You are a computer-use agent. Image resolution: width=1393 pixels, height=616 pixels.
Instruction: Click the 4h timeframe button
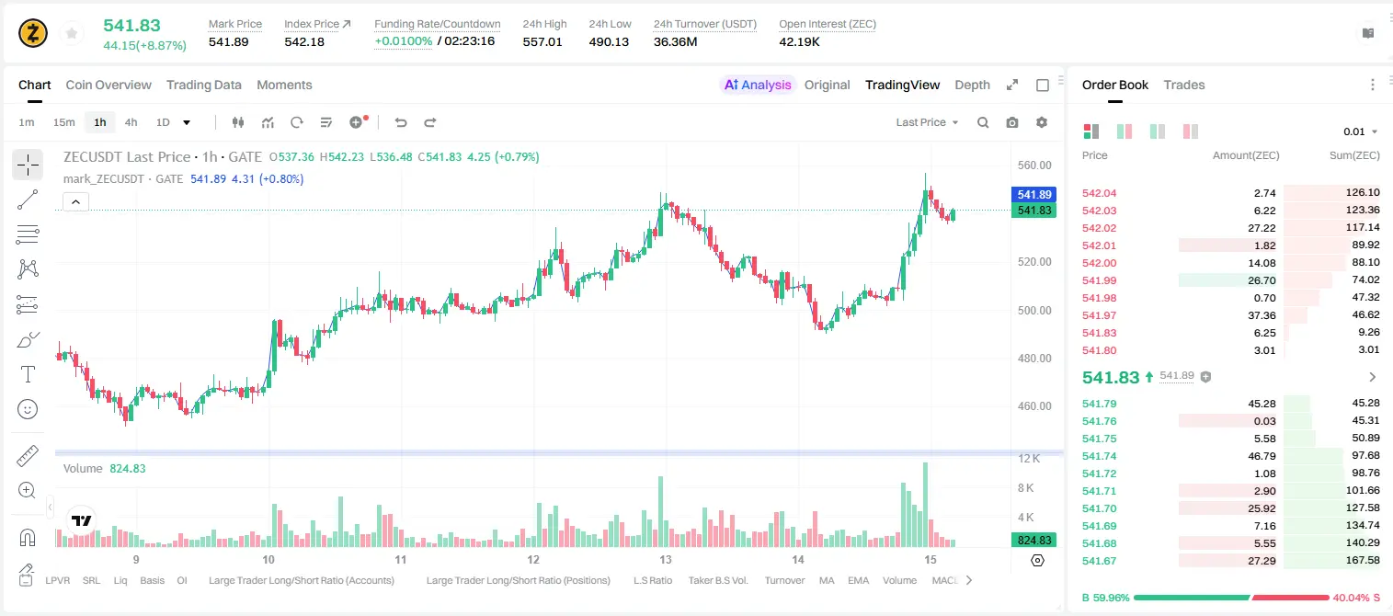point(131,122)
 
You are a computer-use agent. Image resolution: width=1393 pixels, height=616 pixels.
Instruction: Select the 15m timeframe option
point(63,122)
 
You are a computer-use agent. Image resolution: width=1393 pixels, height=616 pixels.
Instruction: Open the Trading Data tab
point(203,85)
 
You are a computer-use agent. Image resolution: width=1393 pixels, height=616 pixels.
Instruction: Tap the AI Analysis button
point(758,85)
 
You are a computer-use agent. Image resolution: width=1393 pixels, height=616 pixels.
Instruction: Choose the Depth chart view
point(972,85)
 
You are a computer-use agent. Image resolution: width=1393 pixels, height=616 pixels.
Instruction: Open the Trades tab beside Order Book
point(1183,85)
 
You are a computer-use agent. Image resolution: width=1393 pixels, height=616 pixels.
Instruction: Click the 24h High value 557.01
point(542,41)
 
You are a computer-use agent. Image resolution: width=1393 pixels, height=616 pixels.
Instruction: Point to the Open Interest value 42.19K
point(799,41)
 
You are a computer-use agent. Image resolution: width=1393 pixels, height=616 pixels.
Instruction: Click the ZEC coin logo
point(33,33)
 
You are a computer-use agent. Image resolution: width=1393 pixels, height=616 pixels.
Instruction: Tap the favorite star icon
point(72,33)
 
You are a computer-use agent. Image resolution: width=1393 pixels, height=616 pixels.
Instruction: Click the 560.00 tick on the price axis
point(1034,165)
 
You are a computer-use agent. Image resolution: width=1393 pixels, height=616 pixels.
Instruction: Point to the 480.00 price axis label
point(1034,358)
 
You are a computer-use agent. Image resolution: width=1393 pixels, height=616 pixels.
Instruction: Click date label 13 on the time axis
point(666,559)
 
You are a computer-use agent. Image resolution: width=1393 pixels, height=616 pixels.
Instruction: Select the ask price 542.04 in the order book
point(1099,193)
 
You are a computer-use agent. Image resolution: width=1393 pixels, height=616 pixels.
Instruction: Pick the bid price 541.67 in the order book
point(1099,561)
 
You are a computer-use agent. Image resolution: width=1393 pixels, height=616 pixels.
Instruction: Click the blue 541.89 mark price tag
point(1033,195)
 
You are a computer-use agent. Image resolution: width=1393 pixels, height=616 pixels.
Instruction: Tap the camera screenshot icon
point(1012,122)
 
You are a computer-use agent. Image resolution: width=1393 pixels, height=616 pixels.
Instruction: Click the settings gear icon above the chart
point(1042,122)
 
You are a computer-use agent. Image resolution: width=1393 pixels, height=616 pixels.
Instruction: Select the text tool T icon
point(28,374)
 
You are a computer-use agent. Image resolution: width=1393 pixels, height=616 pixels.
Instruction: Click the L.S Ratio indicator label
point(652,580)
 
